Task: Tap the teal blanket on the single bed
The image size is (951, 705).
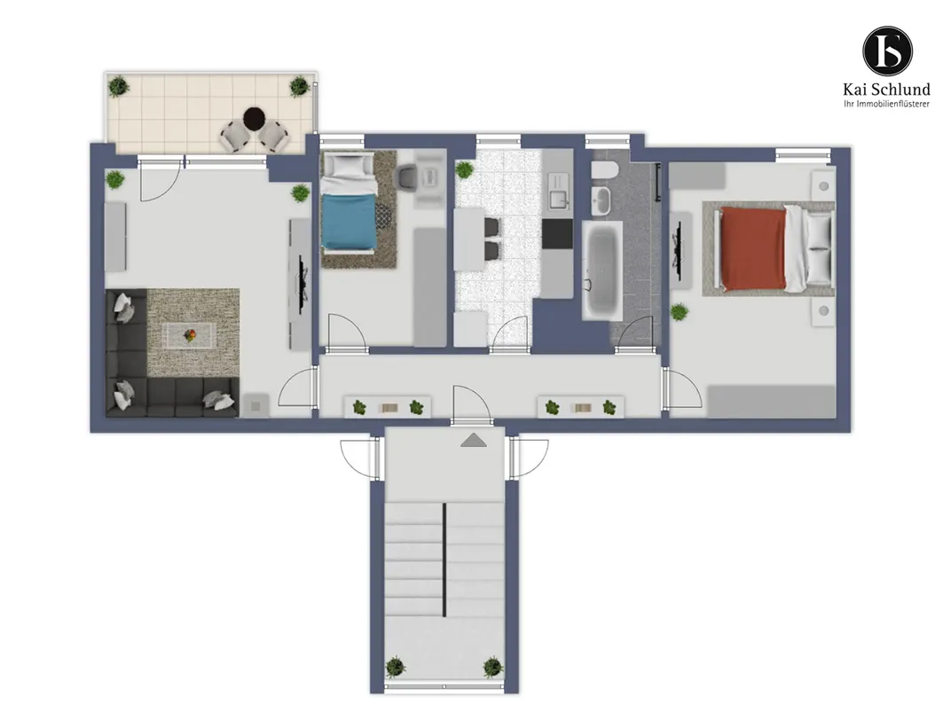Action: [x=348, y=222]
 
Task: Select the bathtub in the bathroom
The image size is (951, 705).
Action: [x=602, y=270]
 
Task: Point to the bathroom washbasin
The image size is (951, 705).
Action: [x=601, y=200]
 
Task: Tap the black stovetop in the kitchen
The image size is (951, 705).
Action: [x=557, y=234]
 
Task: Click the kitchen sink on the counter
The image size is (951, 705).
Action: [x=557, y=189]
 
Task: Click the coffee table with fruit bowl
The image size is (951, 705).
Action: [x=191, y=335]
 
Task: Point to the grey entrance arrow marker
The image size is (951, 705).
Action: [x=474, y=440]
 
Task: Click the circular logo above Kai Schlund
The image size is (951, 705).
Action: [x=887, y=50]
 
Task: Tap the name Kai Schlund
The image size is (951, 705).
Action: [x=886, y=90]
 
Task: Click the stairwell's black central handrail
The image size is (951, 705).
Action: [x=444, y=560]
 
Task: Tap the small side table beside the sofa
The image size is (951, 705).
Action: [x=255, y=405]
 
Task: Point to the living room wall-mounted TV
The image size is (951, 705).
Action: [x=301, y=285]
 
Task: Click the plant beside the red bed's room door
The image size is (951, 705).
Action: [x=680, y=313]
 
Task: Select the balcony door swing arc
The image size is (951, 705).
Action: [x=161, y=183]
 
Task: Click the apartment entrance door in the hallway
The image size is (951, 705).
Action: [x=471, y=405]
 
